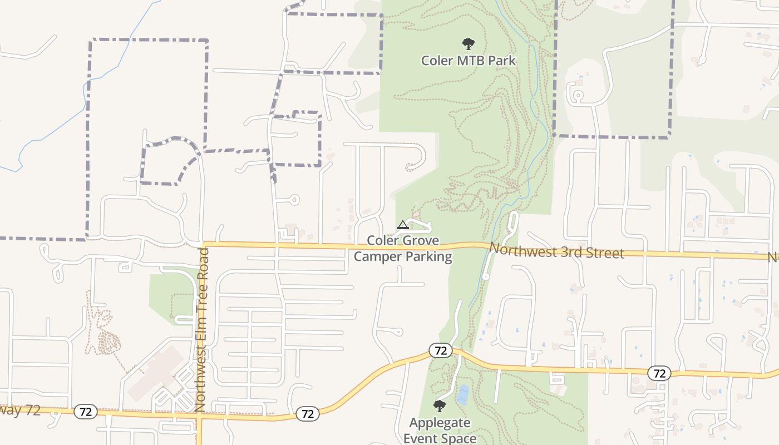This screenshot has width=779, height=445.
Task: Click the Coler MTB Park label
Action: (x=469, y=60)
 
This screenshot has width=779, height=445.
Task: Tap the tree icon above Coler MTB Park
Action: (x=469, y=43)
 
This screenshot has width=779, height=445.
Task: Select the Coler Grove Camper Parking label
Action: (x=403, y=249)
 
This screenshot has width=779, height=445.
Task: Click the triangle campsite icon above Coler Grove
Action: (x=403, y=225)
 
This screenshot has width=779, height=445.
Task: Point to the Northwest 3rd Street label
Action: (x=556, y=251)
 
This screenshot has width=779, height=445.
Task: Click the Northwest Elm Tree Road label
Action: (x=202, y=330)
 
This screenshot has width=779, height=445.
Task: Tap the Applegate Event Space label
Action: (x=440, y=431)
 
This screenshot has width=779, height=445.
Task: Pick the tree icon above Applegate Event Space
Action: (x=440, y=406)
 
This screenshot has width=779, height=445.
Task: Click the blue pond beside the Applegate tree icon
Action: (x=462, y=395)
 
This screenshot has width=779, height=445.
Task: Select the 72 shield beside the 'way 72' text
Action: (x=86, y=412)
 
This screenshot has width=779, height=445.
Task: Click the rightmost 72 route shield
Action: (x=659, y=373)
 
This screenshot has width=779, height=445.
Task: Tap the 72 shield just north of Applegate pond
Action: (x=440, y=350)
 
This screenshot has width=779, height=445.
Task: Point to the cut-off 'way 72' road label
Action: (x=21, y=411)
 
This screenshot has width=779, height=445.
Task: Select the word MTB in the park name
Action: (x=469, y=60)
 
